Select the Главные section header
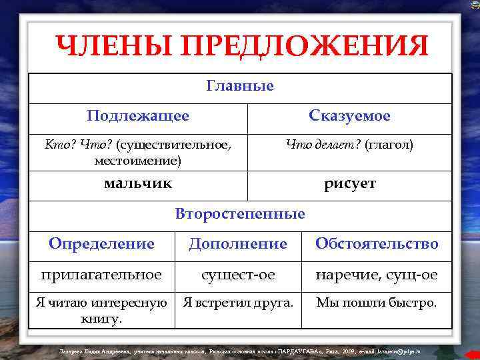coord(240,86)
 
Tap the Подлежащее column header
coord(138,116)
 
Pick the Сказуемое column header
coord(349,116)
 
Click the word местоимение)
coord(138,161)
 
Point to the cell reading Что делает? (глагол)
coord(349,143)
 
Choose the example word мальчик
coord(138,183)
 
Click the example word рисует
coord(349,183)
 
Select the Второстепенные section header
coord(240,214)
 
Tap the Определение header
coord(101,244)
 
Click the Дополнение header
coord(238,244)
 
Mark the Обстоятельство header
coord(377,244)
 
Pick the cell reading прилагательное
coord(101,274)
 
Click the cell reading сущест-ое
coord(238,274)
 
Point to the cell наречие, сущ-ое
coord(377,274)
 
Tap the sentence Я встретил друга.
coord(238,303)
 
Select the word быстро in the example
coord(413,303)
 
